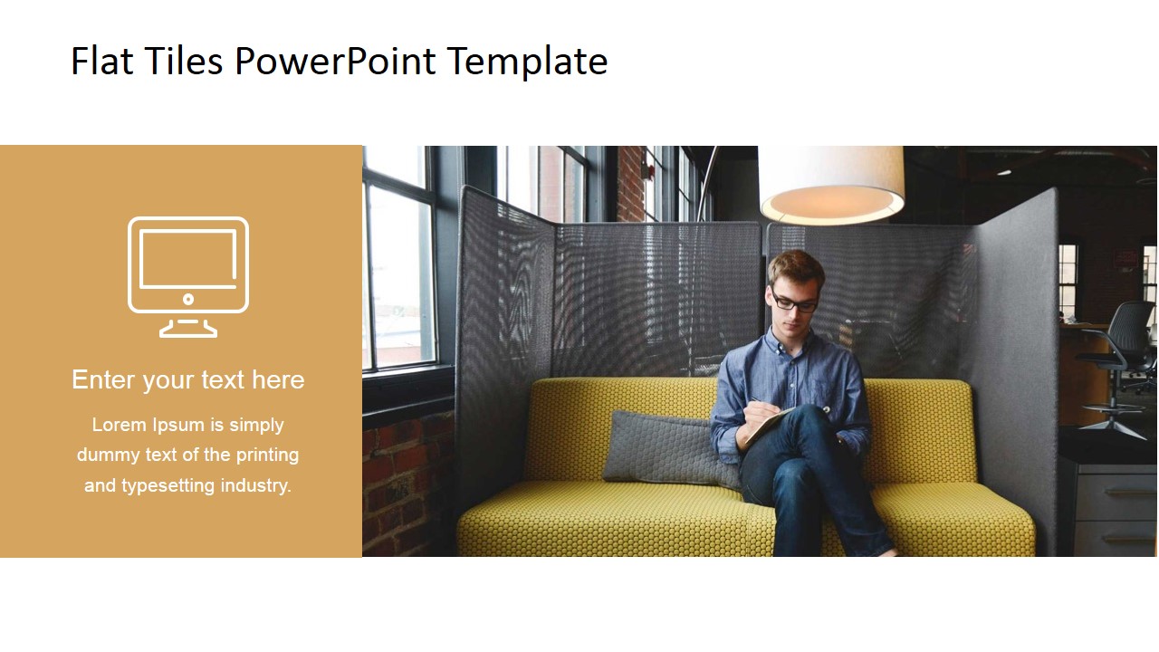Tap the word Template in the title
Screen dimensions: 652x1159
click(x=527, y=62)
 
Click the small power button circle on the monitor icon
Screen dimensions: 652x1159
click(x=188, y=299)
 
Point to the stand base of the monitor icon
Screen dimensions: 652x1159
click(x=188, y=331)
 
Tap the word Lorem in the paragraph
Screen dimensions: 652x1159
click(x=119, y=425)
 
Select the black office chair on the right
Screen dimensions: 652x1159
click(x=1120, y=362)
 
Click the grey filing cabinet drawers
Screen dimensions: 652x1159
click(x=1116, y=507)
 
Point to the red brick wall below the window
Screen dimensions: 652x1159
click(x=398, y=480)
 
